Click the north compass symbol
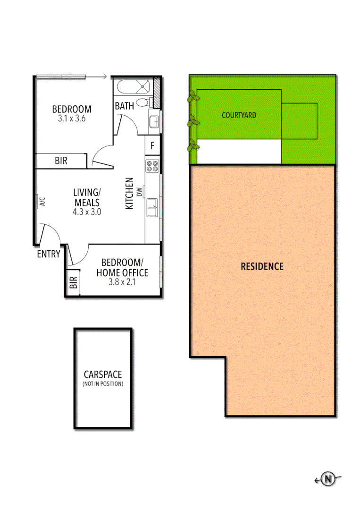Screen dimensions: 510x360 point(327,479)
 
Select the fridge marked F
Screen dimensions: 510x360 point(152,145)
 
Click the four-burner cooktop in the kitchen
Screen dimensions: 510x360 point(152,166)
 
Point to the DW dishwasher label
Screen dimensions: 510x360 point(139,191)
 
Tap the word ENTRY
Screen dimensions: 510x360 point(49,254)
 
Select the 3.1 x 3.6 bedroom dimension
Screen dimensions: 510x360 point(71,119)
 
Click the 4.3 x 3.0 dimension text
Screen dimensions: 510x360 point(87,212)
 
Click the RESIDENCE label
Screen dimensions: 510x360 point(262,266)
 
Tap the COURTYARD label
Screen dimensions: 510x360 point(239,115)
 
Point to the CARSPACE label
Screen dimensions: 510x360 point(102,374)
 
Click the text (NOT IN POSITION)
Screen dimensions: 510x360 point(102,384)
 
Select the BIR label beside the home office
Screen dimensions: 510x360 point(73,283)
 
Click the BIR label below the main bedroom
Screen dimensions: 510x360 point(61,161)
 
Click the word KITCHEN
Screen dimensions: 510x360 point(130,193)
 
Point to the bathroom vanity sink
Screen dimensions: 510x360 point(153,121)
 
